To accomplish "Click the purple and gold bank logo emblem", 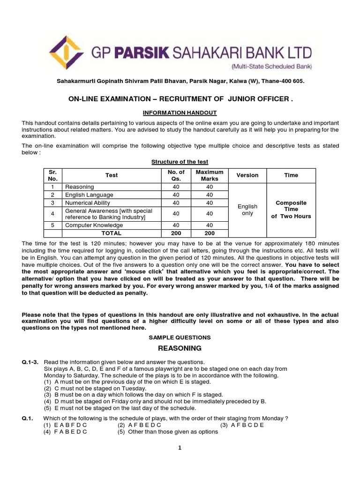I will coord(67,52).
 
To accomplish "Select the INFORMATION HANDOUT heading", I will coord(180,113).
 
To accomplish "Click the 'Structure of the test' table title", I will coord(180,162).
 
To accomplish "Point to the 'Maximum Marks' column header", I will coord(210,175).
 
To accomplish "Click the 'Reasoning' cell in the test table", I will coord(80,187).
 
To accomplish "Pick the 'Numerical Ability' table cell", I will coord(88,203).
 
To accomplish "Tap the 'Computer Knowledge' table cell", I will coord(91,225).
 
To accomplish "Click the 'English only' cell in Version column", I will coord(247,210).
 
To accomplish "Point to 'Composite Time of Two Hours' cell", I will coord(291,210).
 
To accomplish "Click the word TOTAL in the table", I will coord(112,233).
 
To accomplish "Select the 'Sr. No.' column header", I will coord(52,175).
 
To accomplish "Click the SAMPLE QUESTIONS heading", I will coord(180,337).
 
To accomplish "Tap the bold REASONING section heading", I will coord(180,348).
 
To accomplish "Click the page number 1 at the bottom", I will coord(180,448).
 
